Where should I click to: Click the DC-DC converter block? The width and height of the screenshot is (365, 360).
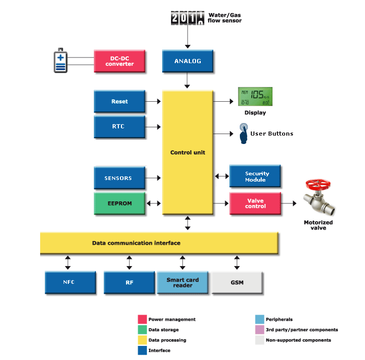point(119,61)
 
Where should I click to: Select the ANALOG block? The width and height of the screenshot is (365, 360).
point(188,61)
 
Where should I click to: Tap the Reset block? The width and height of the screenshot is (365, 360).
point(119,102)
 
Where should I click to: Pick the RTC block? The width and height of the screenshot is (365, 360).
point(119,127)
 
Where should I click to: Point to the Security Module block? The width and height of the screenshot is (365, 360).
point(256,177)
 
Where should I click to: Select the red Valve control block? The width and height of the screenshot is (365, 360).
point(256,203)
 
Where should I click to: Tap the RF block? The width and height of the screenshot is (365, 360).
point(129,283)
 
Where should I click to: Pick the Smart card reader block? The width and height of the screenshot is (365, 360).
point(182,283)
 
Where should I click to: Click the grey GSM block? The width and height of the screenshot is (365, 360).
point(237,283)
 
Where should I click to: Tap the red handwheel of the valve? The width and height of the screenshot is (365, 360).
point(318,184)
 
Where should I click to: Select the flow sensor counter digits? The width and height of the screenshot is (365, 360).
point(188,19)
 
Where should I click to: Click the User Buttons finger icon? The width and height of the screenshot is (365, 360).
point(244,134)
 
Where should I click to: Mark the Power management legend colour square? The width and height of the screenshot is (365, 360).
point(142,319)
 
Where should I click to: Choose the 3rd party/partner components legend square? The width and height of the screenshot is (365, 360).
point(259,330)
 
